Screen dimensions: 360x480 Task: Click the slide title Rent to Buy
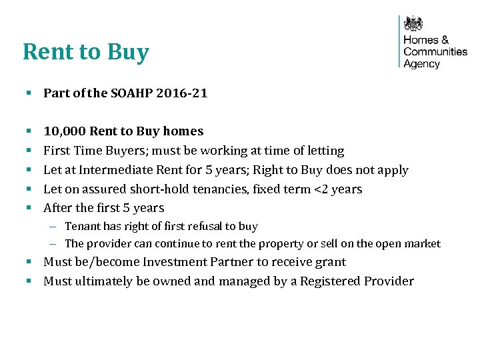pos(85,52)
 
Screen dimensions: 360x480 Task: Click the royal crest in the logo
pos(414,24)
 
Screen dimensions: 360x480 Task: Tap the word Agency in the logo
pos(421,64)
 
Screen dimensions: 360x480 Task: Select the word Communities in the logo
pos(435,51)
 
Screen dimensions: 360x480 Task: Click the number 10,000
pos(64,131)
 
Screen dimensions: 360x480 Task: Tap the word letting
pos(323,151)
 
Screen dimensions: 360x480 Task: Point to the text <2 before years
pos(321,189)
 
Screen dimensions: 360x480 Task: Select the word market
pos(421,244)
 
